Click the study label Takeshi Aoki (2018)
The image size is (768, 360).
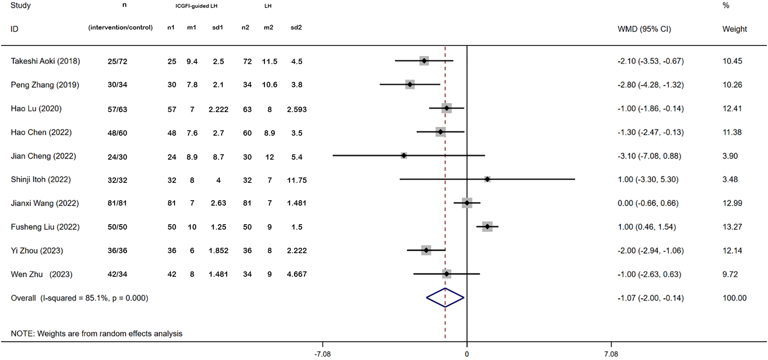coord(45,61)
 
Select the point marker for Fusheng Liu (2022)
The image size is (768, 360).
coord(487,227)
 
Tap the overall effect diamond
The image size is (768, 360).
coord(445,297)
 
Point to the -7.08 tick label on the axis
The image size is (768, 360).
coord(322,354)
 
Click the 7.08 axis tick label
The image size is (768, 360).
coord(611,354)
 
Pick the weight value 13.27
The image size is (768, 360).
coord(732,227)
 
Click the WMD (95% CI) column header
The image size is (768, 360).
coord(644,29)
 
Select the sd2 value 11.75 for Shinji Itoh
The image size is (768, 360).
coord(296,180)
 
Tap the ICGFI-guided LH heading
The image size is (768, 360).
coord(196,6)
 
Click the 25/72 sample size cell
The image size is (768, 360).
coord(117,61)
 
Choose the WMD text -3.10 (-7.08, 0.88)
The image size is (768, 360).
coord(649,156)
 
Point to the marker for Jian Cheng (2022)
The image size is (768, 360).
coord(404,156)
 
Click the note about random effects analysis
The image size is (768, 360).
coord(97,333)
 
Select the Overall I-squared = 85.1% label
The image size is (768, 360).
coord(79,298)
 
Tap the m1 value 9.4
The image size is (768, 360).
coord(192,61)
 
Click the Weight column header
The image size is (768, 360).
coord(734,29)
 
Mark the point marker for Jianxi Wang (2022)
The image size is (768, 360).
coord(467,203)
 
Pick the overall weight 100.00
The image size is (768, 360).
coord(734,298)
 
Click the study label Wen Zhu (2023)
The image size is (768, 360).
coord(42,274)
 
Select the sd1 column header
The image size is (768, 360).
coord(217,27)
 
